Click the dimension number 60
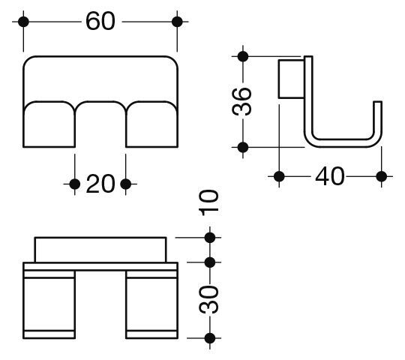tap(100, 21)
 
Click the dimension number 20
tap(100, 184)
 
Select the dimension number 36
tap(241, 101)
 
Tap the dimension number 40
tap(330, 176)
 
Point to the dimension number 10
tap(208, 203)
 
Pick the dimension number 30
tap(208, 299)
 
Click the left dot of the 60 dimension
tap(23, 22)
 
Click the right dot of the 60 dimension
tap(177, 22)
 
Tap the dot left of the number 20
tap(75, 184)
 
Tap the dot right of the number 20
tap(126, 184)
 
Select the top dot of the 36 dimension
tap(243, 56)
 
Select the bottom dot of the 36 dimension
tap(243, 147)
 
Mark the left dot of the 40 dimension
tap(279, 177)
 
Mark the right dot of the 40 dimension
tap(382, 177)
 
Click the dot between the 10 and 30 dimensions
tap(210, 262)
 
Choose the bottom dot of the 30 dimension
tap(210, 338)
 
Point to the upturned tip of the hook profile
tap(378, 102)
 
